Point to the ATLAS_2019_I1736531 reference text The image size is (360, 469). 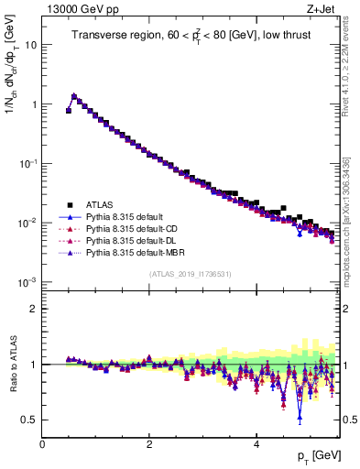pos(190,274)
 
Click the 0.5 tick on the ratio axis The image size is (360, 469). pos(29,420)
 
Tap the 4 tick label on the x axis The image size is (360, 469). pos(256,443)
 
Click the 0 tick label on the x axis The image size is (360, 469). pos(42,443)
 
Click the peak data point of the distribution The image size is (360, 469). pos(74,95)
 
